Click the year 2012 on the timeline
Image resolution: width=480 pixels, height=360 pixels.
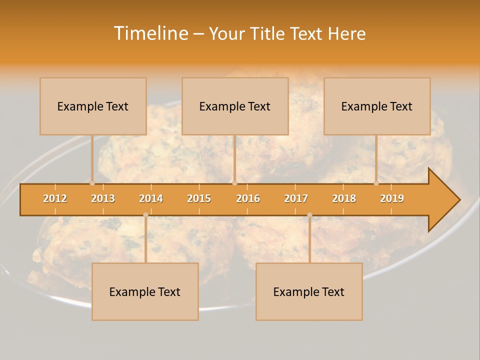coord(55,198)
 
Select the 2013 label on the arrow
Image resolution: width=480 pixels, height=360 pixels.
coord(103,198)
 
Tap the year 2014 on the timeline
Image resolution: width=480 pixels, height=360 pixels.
coord(151,198)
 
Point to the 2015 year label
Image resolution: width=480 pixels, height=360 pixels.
coord(199,198)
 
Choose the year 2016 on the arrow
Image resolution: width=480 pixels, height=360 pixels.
coord(248,198)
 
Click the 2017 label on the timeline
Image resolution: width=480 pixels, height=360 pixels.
coord(296,198)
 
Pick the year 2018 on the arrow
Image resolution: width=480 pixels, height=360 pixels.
coord(344,198)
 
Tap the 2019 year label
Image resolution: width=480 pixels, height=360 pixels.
coord(392,198)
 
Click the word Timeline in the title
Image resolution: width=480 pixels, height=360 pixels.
coord(150,33)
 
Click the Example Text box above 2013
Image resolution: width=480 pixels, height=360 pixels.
coord(93,106)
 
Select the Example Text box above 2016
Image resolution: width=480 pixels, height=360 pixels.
coord(235,106)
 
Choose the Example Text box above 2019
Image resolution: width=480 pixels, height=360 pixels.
coord(377,106)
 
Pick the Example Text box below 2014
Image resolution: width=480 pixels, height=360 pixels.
coord(145,291)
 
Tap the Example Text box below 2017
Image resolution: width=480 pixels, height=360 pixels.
coord(309,291)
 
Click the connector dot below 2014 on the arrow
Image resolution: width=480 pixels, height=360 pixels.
coord(145,215)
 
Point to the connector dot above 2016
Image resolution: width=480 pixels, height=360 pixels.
coord(234,183)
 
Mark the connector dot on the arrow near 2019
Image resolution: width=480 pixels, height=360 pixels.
coord(376,183)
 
